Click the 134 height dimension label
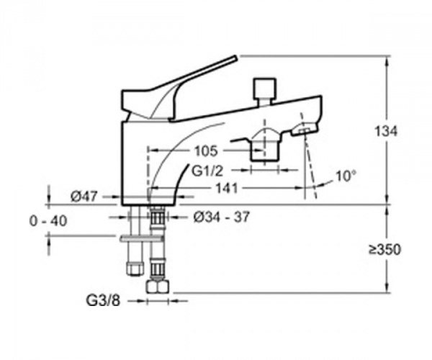click(386, 131)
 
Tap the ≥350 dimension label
click(385, 250)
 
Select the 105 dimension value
click(206, 151)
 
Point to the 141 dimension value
click(227, 189)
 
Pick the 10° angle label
click(346, 176)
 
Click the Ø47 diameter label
click(84, 197)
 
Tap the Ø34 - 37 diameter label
click(222, 217)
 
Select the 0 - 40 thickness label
click(48, 221)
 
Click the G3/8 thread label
click(103, 300)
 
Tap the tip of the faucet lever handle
click(235, 58)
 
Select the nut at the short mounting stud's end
click(135, 269)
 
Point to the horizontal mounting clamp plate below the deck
click(142, 238)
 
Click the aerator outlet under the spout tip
click(303, 130)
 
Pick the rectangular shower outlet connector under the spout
click(265, 150)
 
